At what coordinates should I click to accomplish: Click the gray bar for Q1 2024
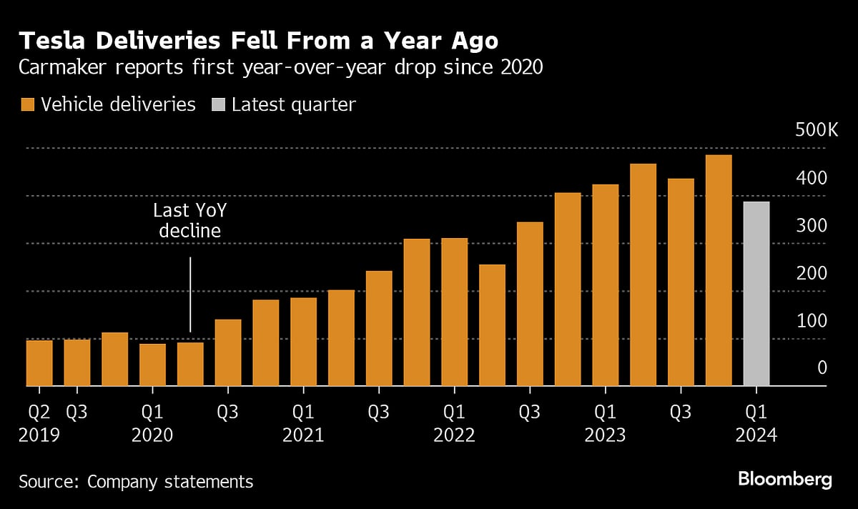756,294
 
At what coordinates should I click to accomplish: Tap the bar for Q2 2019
39,363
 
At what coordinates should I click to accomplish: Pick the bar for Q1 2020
152,365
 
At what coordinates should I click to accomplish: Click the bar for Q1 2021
303,342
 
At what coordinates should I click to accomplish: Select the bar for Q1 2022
454,312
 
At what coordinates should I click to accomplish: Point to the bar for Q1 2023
606,285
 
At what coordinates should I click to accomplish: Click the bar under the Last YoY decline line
190,364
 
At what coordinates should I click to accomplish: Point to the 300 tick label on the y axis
812,225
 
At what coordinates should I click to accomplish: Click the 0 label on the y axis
822,367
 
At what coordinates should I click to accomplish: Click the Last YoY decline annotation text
190,220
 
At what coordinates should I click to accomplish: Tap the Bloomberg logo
784,479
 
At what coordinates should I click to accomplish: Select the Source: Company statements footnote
136,482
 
